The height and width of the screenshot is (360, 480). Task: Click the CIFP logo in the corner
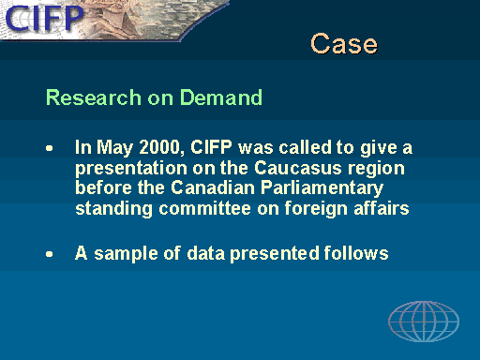point(45,19)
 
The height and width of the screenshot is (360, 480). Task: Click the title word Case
point(344,44)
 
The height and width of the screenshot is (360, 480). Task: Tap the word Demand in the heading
point(221,97)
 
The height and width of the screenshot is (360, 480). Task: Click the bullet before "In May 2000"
point(50,148)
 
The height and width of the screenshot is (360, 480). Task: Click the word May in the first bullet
point(114,148)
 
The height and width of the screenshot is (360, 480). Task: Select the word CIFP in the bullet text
point(211,147)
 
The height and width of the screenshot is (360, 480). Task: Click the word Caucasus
point(298,168)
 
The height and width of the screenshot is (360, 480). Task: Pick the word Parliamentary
point(322,188)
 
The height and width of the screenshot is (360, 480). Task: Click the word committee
point(204,208)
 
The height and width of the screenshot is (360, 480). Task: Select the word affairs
point(382,208)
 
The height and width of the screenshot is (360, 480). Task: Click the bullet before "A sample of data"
point(50,254)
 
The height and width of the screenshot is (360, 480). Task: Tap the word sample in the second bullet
point(127,254)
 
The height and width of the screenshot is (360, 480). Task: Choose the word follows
point(356,252)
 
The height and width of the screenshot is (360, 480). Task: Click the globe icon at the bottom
point(424,322)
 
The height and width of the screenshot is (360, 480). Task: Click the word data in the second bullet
point(205,252)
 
